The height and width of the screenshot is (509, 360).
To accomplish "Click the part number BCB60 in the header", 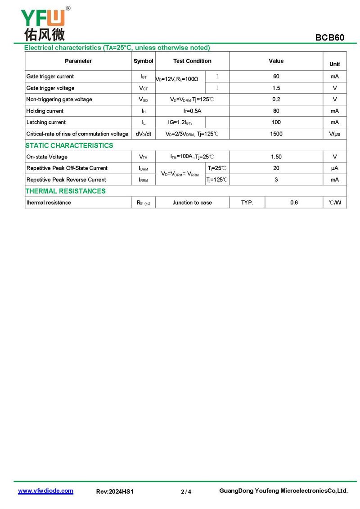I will [329, 38].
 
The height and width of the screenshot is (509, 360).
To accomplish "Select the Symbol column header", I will [143, 61].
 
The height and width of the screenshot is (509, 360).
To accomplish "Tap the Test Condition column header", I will [192, 61].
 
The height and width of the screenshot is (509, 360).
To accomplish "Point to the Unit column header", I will [334, 64].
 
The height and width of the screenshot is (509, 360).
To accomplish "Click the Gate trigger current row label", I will [50, 77].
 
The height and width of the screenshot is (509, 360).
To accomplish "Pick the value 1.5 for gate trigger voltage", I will [276, 88].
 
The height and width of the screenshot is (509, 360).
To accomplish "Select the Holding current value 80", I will [276, 111].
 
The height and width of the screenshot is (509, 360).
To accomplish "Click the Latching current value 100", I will [276, 122].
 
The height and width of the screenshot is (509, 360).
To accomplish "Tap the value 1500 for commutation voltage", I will [276, 134].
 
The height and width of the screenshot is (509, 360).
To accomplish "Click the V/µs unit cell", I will [334, 134].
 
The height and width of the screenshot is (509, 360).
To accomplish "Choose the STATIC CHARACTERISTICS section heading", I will [69, 145].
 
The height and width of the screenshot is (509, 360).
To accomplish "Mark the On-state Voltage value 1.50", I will [276, 157].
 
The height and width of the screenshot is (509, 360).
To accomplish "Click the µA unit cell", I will [334, 168].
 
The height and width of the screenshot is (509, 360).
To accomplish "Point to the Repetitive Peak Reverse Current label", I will [66, 180].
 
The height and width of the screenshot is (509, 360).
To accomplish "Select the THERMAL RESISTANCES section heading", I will [66, 191].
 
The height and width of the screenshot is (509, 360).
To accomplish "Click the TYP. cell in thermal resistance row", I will [247, 203].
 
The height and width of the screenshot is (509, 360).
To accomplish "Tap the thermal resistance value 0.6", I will [294, 203].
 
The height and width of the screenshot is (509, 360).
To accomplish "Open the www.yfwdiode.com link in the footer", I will [45, 491].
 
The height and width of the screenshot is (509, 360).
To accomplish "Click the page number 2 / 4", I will [186, 492].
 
